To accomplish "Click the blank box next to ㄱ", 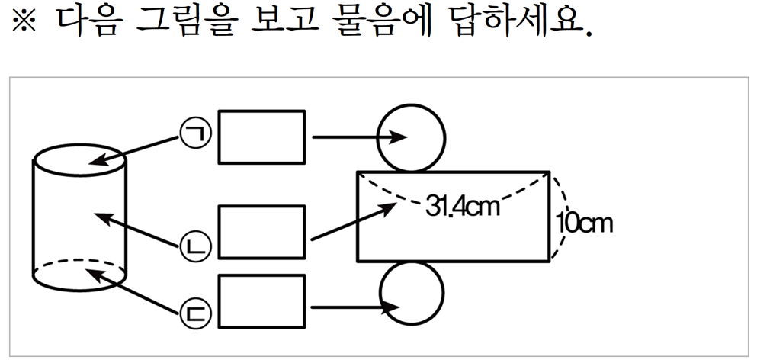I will pos(261,137).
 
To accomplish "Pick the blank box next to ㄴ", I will pos(261,232).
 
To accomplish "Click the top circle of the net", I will pos(411,137).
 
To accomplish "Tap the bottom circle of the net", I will pos(411,293).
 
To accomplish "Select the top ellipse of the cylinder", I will pos(79,162).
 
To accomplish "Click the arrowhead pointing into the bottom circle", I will pos(396,307).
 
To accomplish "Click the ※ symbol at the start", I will pos(24,25).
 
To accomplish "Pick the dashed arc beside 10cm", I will pos(563,217).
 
